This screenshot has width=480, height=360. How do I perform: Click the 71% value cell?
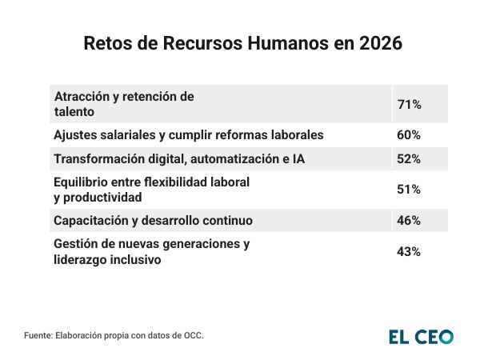point(409,104)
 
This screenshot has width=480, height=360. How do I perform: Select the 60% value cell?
point(409,134)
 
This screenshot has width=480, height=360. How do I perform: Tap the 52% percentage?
point(409,159)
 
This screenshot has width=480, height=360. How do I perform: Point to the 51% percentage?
point(409,190)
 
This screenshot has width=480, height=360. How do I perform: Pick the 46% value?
point(409,220)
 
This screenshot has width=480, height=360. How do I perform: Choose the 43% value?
point(409,251)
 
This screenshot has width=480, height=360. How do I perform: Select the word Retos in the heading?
point(106,44)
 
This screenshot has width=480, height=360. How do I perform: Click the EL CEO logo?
point(421,337)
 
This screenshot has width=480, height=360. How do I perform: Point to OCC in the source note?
point(193,336)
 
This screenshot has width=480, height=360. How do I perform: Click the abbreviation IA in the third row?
point(298,159)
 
